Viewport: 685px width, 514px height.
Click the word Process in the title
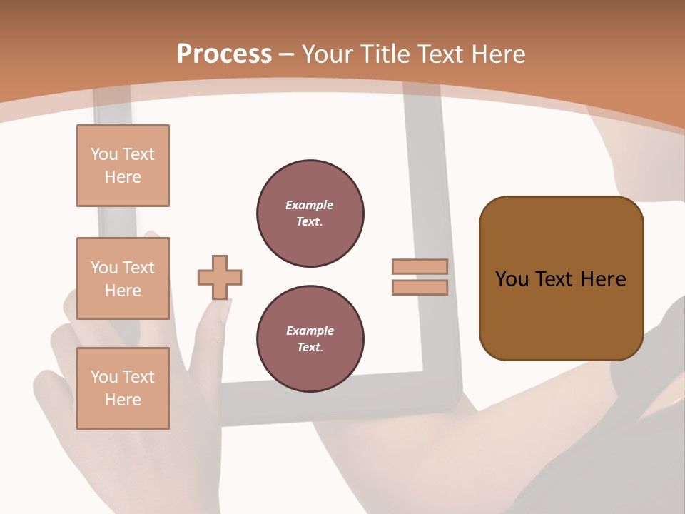pyautogui.click(x=224, y=54)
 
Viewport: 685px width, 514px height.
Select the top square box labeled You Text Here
pyautogui.click(x=123, y=166)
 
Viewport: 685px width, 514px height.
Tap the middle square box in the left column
pyautogui.click(x=123, y=278)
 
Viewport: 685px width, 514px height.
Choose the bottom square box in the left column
pyautogui.click(x=123, y=388)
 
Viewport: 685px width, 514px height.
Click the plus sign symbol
pyautogui.click(x=220, y=277)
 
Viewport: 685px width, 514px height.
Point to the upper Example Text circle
pyautogui.click(x=310, y=213)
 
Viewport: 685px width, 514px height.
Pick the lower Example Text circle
pyautogui.click(x=310, y=339)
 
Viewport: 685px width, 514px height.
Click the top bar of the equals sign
pyautogui.click(x=420, y=266)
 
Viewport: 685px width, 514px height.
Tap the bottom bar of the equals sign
pyautogui.click(x=420, y=287)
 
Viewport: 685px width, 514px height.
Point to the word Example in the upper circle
pyautogui.click(x=309, y=206)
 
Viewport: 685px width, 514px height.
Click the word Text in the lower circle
pyautogui.click(x=309, y=348)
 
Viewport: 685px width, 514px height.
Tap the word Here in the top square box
pyautogui.click(x=123, y=177)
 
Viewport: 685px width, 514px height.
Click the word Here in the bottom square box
pyautogui.click(x=123, y=400)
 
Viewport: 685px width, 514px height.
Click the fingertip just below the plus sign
pyautogui.click(x=218, y=311)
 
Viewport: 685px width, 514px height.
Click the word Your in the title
pyautogui.click(x=328, y=54)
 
